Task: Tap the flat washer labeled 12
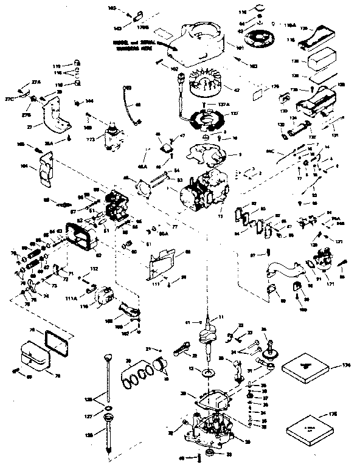coord(210,370)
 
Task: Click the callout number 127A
coord(224,105)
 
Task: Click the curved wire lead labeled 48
coord(130,105)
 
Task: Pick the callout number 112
coord(94,269)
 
